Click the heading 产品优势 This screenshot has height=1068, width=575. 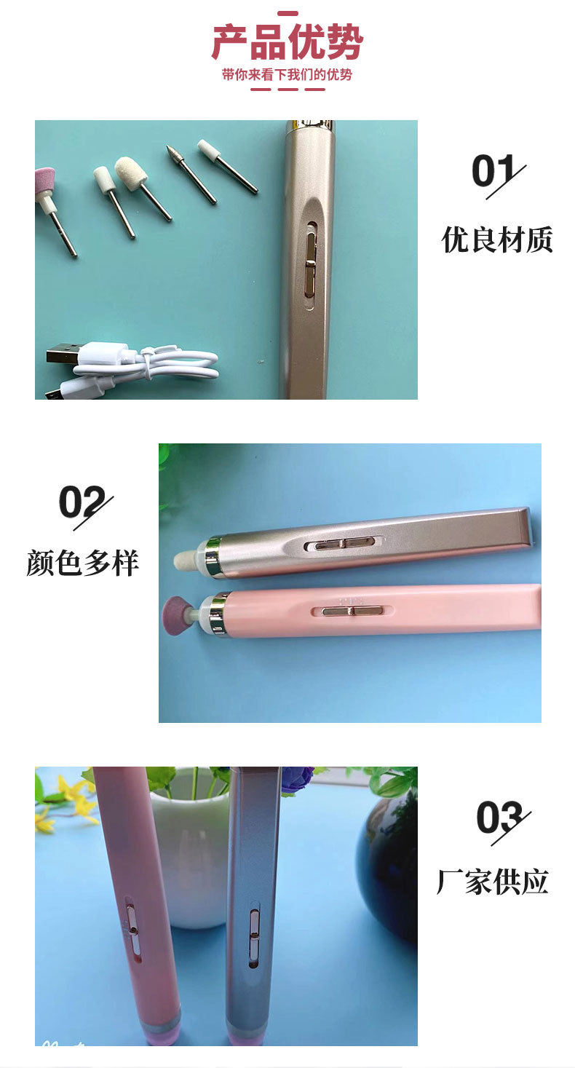tap(287, 43)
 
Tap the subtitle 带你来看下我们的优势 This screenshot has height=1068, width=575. tap(287, 75)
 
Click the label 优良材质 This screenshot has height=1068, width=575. tap(497, 240)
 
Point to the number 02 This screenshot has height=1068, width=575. tap(82, 502)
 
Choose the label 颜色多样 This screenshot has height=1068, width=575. tap(82, 563)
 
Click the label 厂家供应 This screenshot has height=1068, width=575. tap(492, 882)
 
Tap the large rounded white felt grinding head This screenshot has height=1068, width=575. tap(129, 173)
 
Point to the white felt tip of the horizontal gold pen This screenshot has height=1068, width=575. tap(185, 561)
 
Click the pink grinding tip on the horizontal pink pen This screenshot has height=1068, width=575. tap(175, 609)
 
